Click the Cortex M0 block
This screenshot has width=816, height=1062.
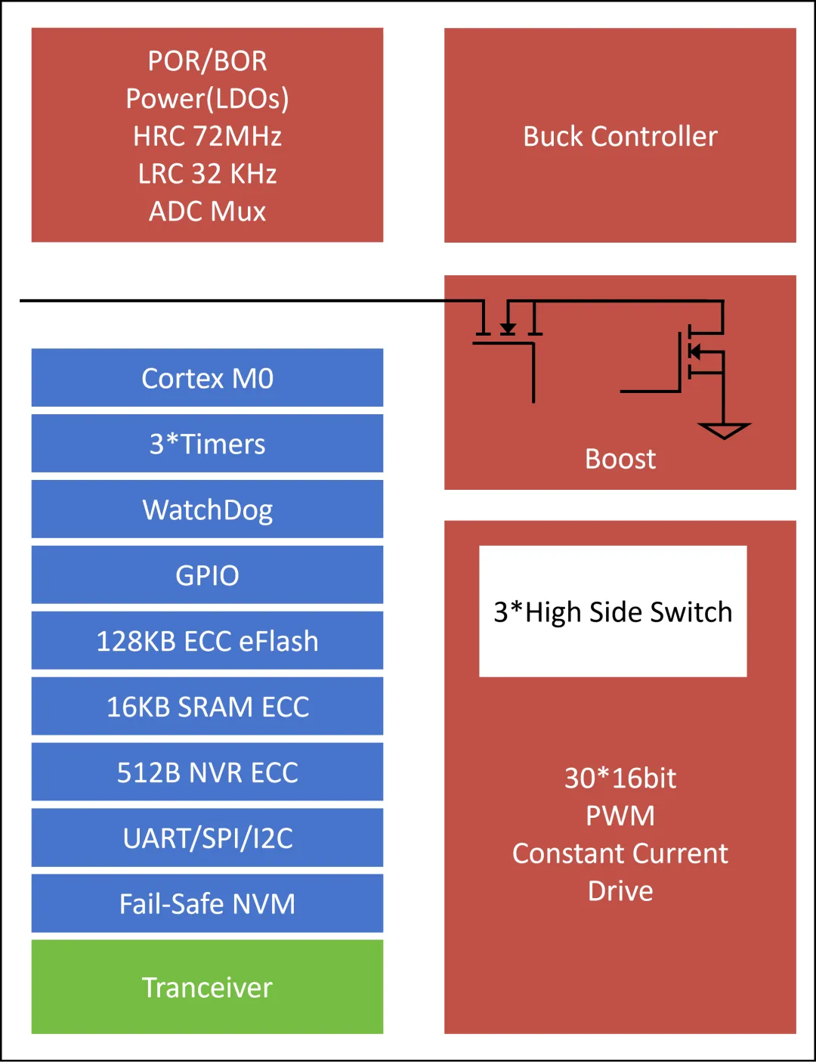click(x=207, y=378)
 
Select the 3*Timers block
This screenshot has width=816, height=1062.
click(x=207, y=444)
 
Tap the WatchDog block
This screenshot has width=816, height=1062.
click(x=207, y=509)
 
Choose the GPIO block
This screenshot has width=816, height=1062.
click(x=207, y=575)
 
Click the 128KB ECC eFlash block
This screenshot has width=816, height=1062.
click(x=207, y=641)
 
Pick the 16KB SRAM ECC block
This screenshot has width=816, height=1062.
click(x=207, y=707)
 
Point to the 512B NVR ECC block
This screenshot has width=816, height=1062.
click(x=207, y=773)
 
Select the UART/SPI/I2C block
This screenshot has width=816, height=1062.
click(x=207, y=838)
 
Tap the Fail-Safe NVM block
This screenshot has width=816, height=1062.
click(x=207, y=904)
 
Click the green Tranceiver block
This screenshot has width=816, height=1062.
click(x=207, y=987)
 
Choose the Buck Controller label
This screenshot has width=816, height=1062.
click(x=620, y=136)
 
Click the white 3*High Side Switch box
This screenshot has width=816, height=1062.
click(x=613, y=612)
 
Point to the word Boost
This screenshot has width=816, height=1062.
click(x=620, y=459)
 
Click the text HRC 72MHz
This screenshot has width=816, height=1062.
click(x=207, y=136)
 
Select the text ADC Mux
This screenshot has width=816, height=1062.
click(x=207, y=212)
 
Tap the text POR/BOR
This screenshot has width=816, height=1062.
click(x=207, y=60)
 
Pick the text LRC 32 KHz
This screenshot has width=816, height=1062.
click(x=207, y=174)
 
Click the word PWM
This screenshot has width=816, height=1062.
click(x=620, y=816)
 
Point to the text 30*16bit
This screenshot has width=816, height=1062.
click(x=620, y=778)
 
